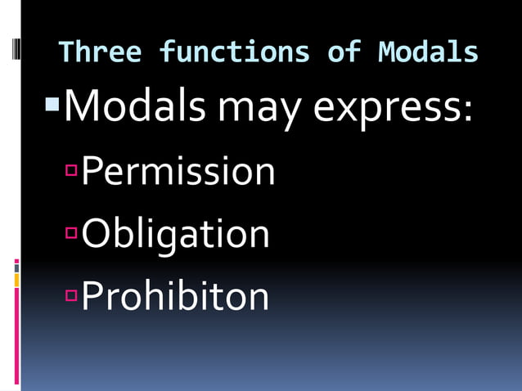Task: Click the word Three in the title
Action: pyautogui.click(x=99, y=53)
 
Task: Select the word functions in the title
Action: pyautogui.click(x=233, y=53)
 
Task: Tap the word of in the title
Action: pyautogui.click(x=344, y=53)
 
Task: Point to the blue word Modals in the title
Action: pyautogui.click(x=428, y=53)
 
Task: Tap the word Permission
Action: pyautogui.click(x=178, y=172)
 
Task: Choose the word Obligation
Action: pyautogui.click(x=176, y=235)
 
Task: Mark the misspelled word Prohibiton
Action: pyautogui.click(x=176, y=296)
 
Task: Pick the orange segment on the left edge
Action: pyautogui.click(x=16, y=280)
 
